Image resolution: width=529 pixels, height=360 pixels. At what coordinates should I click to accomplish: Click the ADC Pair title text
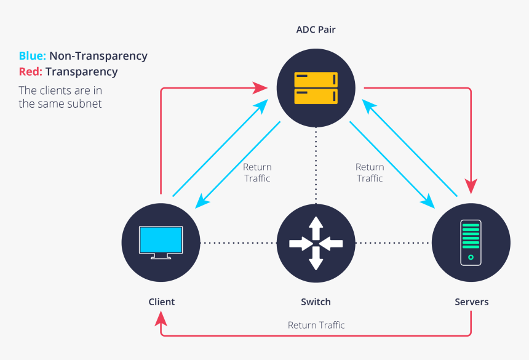[x=316, y=30]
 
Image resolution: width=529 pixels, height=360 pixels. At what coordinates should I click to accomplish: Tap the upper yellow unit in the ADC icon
[x=316, y=80]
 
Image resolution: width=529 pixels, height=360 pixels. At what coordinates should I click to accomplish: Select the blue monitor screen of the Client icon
[x=161, y=239]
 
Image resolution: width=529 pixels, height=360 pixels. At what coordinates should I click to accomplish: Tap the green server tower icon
[x=471, y=242]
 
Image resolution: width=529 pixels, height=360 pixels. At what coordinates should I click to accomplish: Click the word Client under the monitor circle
[x=161, y=302]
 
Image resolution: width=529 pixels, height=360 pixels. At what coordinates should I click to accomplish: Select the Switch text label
[x=316, y=302]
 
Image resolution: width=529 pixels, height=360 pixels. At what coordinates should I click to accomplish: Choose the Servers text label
[x=471, y=302]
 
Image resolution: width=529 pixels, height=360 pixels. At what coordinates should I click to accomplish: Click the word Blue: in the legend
[x=32, y=56]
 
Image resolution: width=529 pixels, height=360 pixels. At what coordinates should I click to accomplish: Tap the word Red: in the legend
[x=31, y=72]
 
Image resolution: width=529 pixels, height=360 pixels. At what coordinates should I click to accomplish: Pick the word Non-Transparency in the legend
[x=98, y=56]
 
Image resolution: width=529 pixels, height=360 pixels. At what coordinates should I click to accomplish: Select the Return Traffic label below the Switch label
[x=316, y=325]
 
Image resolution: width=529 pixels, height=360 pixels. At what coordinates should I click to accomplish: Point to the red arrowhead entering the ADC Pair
[x=261, y=88]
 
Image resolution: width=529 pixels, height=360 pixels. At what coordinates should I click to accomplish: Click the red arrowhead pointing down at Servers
[x=471, y=185]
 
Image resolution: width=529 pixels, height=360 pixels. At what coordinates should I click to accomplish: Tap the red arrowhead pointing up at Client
[x=161, y=318]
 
